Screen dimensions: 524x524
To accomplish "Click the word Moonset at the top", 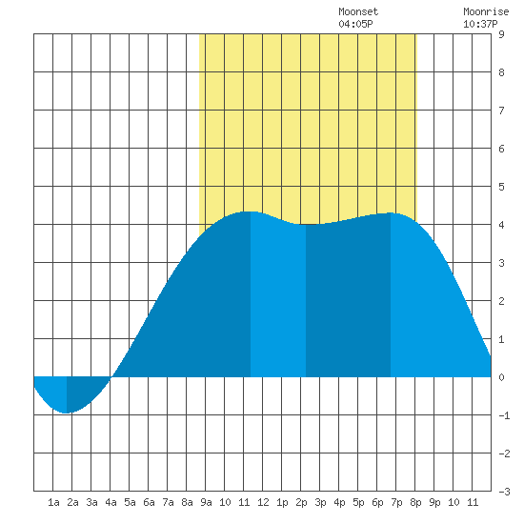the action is [x=358, y=11].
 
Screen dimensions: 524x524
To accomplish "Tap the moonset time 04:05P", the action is [x=355, y=24].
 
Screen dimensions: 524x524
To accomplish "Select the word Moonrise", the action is [x=486, y=11].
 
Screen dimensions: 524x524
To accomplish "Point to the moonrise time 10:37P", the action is [x=480, y=24].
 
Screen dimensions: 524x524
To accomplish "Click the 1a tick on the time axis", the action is [x=53, y=502].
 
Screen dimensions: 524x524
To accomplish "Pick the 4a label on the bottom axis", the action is [x=111, y=502].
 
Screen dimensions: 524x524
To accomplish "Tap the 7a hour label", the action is [x=168, y=502].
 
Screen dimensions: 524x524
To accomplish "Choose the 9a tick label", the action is [x=206, y=502].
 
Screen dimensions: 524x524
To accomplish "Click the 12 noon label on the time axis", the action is [x=263, y=502].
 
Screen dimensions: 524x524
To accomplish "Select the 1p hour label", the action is [x=282, y=502].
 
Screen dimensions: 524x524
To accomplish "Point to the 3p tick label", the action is [x=320, y=502].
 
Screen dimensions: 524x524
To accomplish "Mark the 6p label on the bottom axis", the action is [x=377, y=502].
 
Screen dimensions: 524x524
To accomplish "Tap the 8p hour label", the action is [x=415, y=502].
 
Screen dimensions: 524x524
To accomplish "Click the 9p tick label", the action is [x=434, y=502].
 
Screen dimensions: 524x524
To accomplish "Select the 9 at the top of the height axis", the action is [x=501, y=34].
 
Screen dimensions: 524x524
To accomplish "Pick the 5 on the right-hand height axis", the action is [x=501, y=187].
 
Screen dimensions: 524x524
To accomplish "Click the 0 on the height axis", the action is [x=501, y=377].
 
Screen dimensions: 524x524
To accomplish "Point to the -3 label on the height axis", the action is [x=504, y=492].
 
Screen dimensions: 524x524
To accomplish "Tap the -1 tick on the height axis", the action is [x=504, y=415].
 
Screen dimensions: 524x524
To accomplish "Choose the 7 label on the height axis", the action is [x=501, y=111].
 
